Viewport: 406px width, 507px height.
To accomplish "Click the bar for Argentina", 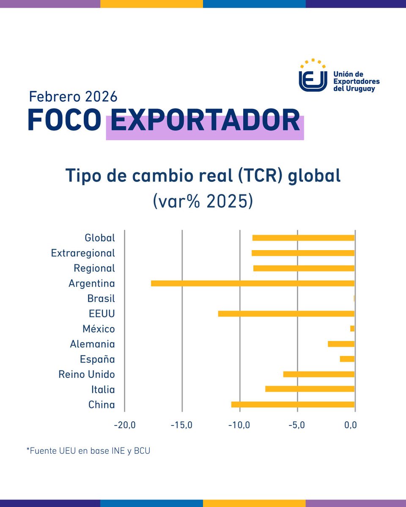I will click(x=252, y=283).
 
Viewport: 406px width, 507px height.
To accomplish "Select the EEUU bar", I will click(x=286, y=313).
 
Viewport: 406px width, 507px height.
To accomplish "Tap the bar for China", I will click(x=293, y=404).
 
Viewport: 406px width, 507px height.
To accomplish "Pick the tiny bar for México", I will click(x=352, y=329).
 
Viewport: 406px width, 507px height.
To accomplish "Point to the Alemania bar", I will click(x=341, y=344).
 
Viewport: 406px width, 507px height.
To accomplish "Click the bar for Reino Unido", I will click(x=318, y=374).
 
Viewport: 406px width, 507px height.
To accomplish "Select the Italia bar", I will click(x=310, y=389).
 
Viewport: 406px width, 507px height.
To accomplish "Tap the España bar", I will click(x=347, y=359).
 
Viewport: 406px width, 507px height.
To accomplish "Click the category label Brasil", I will click(x=101, y=299).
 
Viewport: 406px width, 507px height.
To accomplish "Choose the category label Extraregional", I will click(x=83, y=253).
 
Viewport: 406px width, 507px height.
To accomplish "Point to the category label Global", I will click(x=100, y=238).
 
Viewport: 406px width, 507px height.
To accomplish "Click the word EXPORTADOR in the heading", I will click(x=206, y=121).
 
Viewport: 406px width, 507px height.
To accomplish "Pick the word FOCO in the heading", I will click(x=64, y=121).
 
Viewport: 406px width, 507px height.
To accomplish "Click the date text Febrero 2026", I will click(x=73, y=97).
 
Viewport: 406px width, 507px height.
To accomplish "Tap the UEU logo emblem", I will click(x=313, y=76).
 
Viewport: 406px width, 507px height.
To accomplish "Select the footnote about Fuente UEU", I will click(x=88, y=451).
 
